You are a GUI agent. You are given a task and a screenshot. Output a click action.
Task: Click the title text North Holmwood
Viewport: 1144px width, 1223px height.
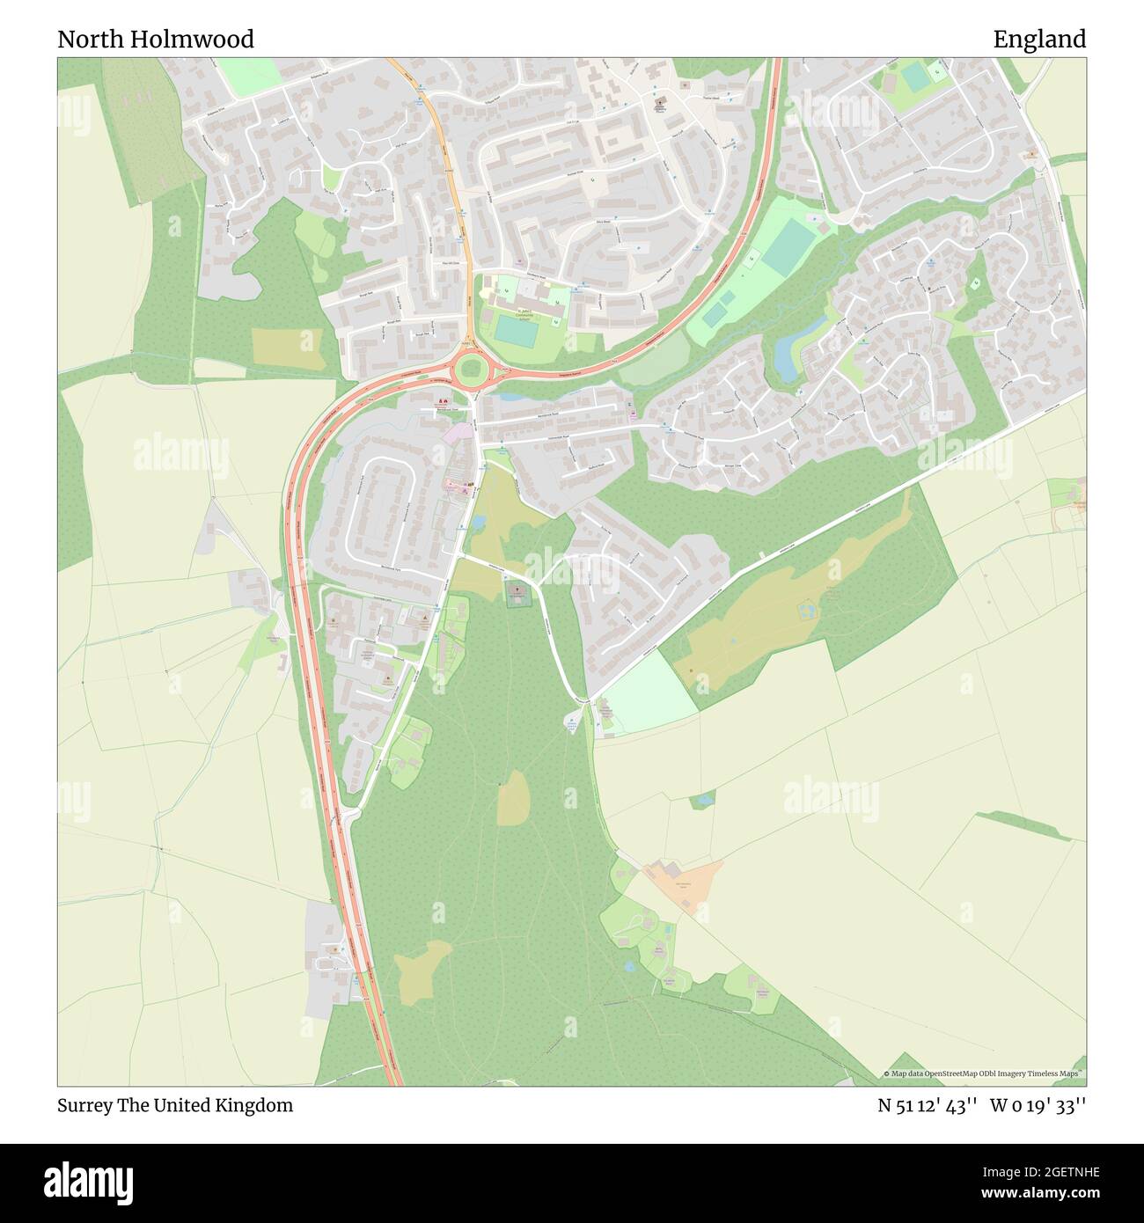click(x=156, y=40)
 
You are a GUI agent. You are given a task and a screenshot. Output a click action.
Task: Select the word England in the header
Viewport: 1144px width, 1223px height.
click(x=1039, y=40)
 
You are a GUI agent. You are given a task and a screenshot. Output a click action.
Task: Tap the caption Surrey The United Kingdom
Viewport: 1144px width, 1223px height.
click(x=175, y=1105)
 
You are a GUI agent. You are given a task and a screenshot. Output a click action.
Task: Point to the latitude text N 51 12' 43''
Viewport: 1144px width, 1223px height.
click(x=928, y=1105)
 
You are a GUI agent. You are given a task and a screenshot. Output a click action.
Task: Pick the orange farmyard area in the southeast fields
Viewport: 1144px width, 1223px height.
click(x=685, y=882)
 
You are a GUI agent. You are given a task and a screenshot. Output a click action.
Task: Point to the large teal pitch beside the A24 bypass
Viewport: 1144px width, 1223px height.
click(x=788, y=245)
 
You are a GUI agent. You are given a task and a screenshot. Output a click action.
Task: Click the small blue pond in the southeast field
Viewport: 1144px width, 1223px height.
click(x=702, y=801)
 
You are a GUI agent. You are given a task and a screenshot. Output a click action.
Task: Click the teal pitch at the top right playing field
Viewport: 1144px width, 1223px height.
click(x=915, y=78)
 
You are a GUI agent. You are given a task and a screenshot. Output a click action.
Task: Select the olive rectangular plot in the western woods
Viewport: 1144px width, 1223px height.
click(x=287, y=348)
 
